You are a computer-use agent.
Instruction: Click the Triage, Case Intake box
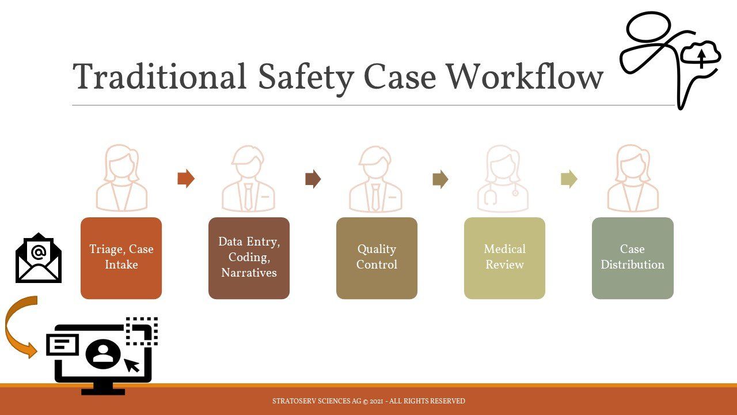(x=121, y=258)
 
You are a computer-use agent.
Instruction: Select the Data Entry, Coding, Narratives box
(x=249, y=258)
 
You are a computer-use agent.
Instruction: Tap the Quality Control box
(x=377, y=258)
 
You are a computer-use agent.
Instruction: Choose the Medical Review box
(x=505, y=258)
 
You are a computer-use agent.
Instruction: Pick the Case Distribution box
(x=633, y=258)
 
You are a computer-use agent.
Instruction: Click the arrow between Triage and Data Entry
(x=186, y=179)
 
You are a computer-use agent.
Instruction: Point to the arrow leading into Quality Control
(x=313, y=179)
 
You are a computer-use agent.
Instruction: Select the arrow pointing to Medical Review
(x=440, y=179)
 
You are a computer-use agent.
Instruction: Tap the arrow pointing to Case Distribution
(x=569, y=179)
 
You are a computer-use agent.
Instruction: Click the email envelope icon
(x=39, y=258)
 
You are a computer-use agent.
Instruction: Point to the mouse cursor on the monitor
(x=132, y=365)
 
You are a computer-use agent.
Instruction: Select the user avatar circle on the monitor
(x=102, y=354)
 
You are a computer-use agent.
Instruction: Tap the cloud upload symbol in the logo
(x=701, y=56)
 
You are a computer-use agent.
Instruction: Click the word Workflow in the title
(x=525, y=77)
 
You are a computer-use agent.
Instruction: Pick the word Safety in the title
(x=306, y=78)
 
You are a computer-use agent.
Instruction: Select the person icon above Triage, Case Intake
(x=121, y=178)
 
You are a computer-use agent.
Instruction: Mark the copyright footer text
(x=368, y=401)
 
